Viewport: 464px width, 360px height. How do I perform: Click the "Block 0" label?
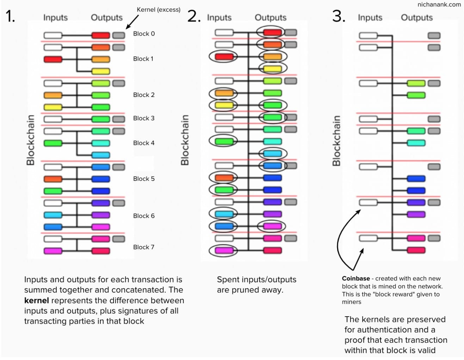tap(144, 34)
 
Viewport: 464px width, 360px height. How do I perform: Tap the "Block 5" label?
tap(144, 179)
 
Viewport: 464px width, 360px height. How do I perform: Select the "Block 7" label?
tap(144, 247)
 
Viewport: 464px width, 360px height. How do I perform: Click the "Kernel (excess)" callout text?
tap(159, 10)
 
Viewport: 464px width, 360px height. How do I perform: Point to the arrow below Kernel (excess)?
tap(132, 22)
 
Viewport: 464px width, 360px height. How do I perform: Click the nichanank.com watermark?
tap(439, 5)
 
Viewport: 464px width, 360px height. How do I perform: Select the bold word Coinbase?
tap(356, 279)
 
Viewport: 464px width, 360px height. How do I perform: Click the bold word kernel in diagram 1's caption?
tap(36, 301)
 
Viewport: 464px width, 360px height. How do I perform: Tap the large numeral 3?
tap(338, 17)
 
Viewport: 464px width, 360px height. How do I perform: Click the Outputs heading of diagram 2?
tap(271, 18)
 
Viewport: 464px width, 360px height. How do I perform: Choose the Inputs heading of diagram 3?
tap(370, 18)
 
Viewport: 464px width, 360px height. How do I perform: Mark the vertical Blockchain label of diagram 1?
tap(31, 140)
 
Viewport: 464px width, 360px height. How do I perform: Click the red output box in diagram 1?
tap(101, 35)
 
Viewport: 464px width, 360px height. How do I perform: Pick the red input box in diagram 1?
tap(53, 59)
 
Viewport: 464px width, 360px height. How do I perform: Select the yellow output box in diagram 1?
tap(101, 71)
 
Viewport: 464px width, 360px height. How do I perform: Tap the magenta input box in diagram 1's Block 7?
tap(53, 251)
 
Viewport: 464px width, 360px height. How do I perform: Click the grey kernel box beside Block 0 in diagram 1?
tap(119, 35)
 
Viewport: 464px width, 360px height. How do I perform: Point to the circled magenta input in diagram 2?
tap(224, 251)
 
